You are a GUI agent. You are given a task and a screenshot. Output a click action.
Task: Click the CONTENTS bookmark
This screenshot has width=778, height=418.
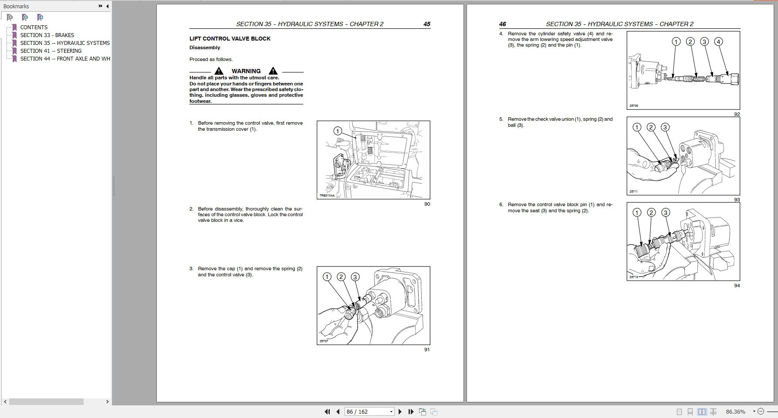coord(34,27)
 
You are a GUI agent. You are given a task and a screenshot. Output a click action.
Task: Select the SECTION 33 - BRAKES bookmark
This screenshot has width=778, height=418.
coord(47,35)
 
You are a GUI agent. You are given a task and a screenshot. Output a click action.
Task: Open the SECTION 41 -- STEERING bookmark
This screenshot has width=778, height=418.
coord(51,51)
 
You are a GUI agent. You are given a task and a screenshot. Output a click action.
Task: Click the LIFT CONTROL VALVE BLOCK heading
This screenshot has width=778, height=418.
coord(230,39)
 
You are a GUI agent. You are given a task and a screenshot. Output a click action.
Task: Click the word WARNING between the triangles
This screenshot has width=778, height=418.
coord(246,71)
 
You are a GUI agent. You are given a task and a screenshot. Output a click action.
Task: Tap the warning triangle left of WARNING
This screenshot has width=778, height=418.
coord(219,71)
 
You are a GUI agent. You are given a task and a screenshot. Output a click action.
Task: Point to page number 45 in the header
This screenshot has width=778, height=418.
coord(426,24)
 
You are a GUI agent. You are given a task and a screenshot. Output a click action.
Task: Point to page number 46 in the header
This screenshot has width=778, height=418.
coord(502,24)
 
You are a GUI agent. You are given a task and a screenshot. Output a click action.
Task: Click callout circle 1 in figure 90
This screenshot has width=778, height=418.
coord(338,131)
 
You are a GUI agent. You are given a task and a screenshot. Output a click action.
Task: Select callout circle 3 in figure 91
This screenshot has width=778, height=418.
coord(355,277)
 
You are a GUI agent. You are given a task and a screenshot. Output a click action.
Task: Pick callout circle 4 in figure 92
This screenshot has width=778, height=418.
coord(718,42)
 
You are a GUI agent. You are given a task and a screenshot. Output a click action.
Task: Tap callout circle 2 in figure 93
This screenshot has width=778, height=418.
coord(651,127)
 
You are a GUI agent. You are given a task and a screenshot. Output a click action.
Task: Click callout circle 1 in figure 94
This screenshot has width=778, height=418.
coord(637,213)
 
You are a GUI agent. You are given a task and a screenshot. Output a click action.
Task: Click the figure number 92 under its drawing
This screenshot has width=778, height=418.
coord(737,114)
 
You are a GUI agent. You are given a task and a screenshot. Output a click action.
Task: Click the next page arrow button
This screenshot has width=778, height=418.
coord(400,411)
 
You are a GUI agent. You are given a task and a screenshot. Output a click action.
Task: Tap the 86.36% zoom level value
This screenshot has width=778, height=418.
coord(735,411)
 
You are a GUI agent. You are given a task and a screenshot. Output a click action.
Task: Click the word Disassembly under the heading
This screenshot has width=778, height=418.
coord(205,48)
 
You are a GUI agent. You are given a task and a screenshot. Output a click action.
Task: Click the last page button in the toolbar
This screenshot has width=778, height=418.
coord(411,411)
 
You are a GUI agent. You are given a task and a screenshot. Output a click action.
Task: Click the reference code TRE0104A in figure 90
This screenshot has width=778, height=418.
coord(327,196)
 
